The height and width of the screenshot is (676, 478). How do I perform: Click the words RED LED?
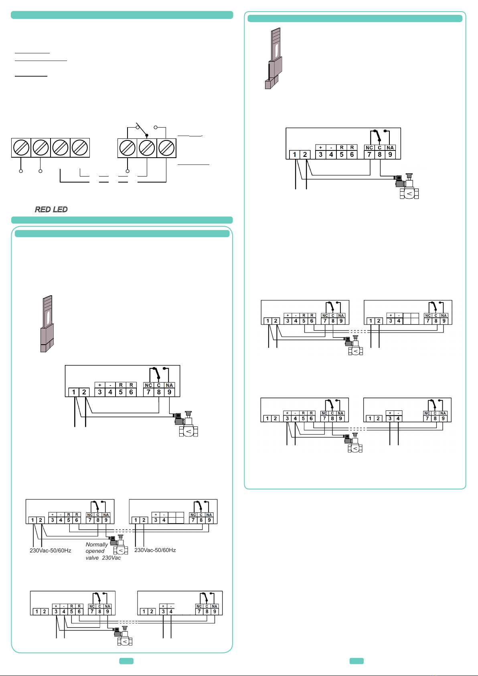coord(51,209)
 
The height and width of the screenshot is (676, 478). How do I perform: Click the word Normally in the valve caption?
coord(97,544)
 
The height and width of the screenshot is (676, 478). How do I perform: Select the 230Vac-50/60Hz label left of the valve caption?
coord(51,550)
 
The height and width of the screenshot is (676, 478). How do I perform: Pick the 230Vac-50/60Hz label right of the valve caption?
coord(155,550)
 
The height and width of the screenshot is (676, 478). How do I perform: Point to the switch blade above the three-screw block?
coord(142,130)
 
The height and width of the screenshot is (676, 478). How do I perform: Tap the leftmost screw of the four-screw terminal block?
coord(21,148)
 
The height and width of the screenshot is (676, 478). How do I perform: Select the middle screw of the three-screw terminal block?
coord(147,148)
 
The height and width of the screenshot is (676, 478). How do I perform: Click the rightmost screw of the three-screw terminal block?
coord(166,148)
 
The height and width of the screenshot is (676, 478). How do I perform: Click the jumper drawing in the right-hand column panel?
coord(274,58)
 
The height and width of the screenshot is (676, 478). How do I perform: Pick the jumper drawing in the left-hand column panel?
coord(47,324)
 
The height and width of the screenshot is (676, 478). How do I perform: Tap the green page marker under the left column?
coord(126,661)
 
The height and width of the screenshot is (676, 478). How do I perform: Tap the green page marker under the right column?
coord(356,661)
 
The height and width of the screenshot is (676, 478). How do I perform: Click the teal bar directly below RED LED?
coord(122,220)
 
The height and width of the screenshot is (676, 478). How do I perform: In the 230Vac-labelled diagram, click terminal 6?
coord(77,520)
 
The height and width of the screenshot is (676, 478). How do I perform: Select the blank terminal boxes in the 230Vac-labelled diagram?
coord(176,518)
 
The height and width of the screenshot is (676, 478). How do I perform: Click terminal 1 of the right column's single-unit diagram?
coord(295,154)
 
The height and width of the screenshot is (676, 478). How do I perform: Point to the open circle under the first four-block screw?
coord(21,171)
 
